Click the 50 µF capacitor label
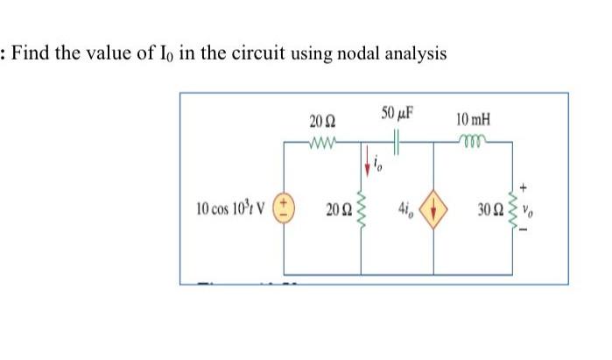(x=398, y=114)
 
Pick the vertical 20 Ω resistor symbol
(x=362, y=209)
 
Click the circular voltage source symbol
(x=285, y=209)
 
